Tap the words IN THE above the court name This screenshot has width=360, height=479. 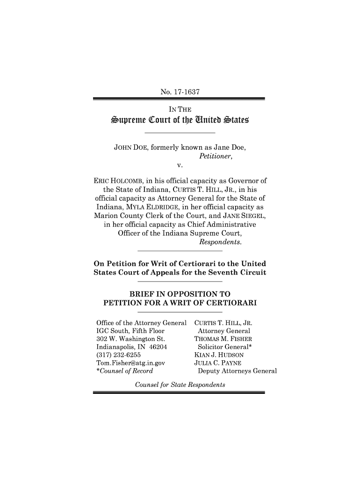[x=179, y=109]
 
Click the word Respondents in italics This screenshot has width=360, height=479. [x=220, y=242]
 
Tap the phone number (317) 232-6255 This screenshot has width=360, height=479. [x=115, y=355]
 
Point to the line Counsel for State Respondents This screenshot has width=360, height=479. [x=180, y=385]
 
